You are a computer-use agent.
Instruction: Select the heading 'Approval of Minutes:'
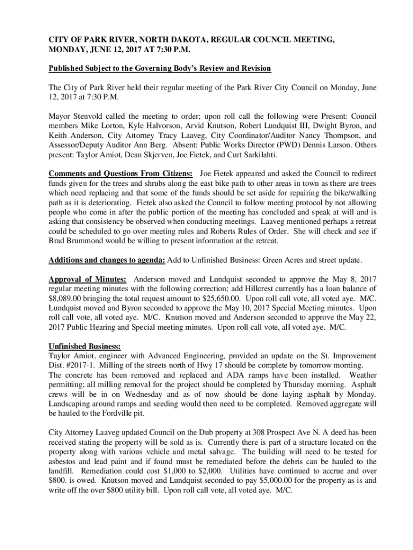coord(87,279)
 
